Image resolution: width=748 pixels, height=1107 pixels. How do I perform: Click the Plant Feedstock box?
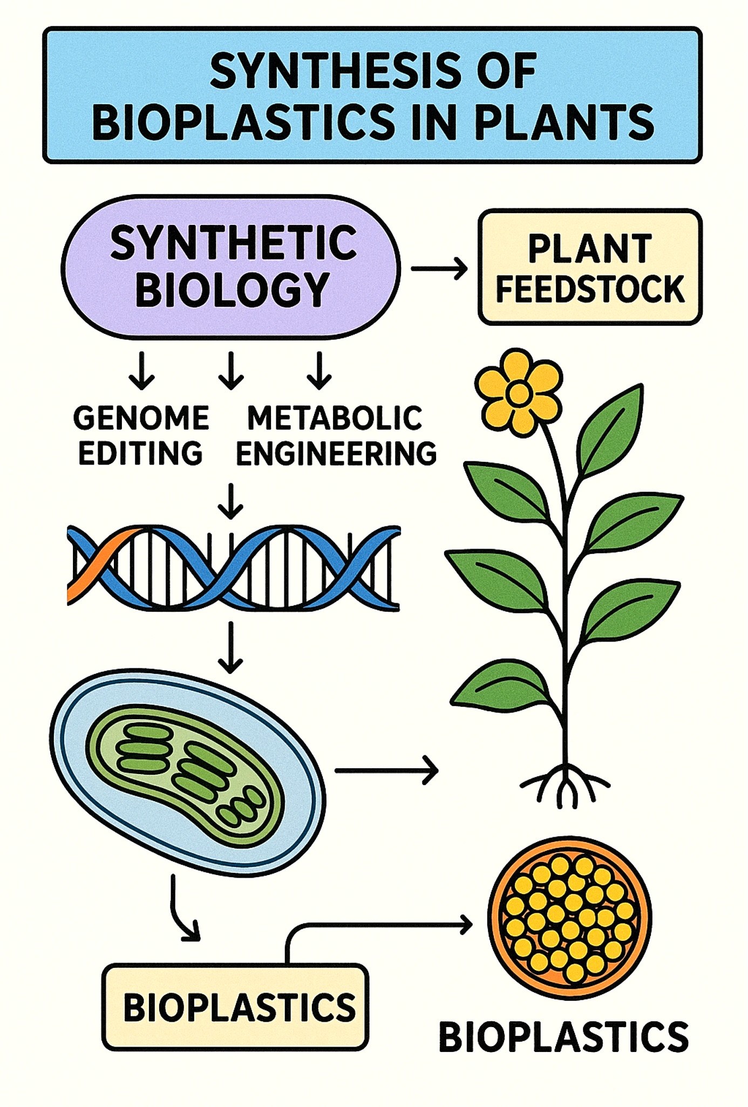point(590,268)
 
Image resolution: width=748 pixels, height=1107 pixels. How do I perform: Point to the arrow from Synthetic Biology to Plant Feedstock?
point(439,268)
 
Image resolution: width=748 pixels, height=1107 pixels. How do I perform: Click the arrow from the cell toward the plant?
point(386,770)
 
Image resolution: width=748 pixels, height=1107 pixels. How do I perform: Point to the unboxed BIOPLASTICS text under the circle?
point(563,1037)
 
